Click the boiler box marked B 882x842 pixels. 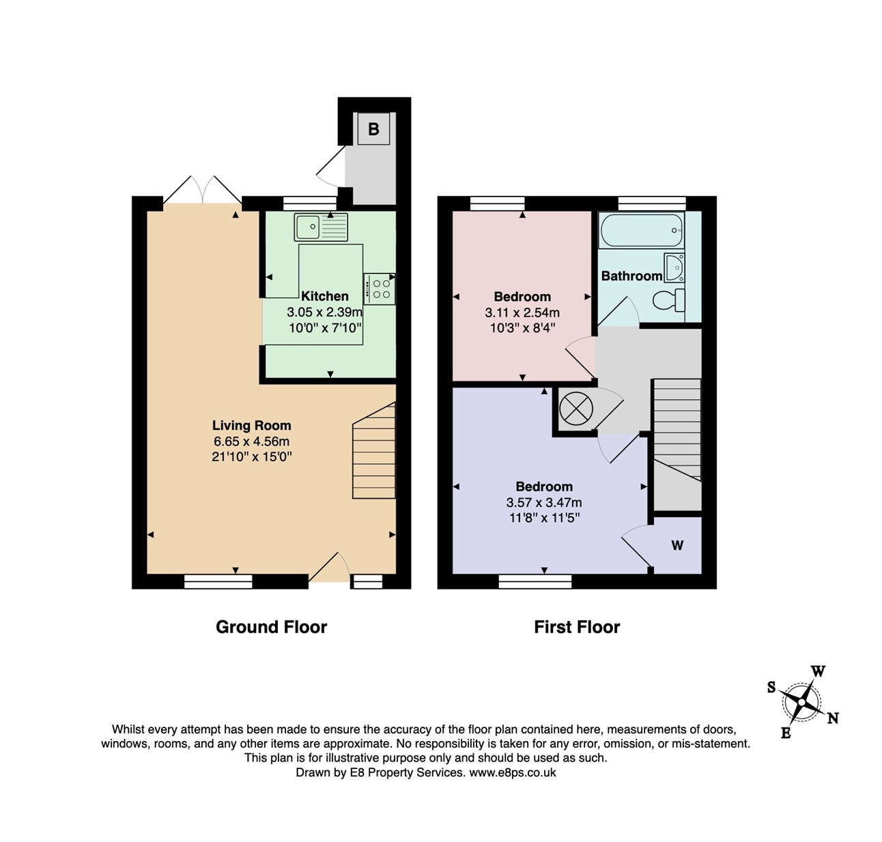tap(373, 129)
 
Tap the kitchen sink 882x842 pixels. tap(320, 227)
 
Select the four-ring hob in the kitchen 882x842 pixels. tap(380, 289)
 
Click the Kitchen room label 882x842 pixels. tap(324, 296)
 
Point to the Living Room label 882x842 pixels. tap(251, 425)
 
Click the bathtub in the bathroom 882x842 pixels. tap(641, 230)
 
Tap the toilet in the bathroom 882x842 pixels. tap(668, 300)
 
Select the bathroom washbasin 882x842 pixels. tap(674, 267)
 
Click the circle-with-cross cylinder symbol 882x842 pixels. tap(575, 409)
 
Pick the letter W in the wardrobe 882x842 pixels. tap(677, 545)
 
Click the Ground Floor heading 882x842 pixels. tap(271, 627)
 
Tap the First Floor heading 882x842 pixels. tap(577, 627)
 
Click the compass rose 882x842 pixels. tap(801, 702)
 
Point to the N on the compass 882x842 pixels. tap(833, 718)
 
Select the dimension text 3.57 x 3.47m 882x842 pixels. tap(544, 502)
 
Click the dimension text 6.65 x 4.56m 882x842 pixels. tap(251, 441)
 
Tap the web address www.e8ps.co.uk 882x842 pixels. tap(512, 772)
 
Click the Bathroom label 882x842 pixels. tap(632, 276)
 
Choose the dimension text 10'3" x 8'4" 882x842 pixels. tap(522, 328)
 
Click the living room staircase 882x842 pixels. tap(374, 450)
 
